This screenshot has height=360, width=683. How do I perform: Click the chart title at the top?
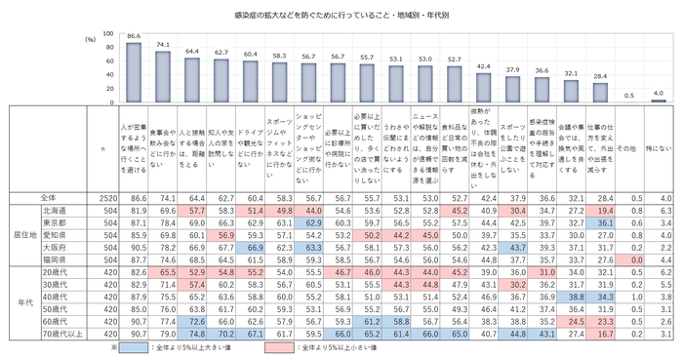341,17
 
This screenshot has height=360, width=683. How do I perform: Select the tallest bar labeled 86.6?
134,72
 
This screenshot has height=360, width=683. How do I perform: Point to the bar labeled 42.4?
484,87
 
